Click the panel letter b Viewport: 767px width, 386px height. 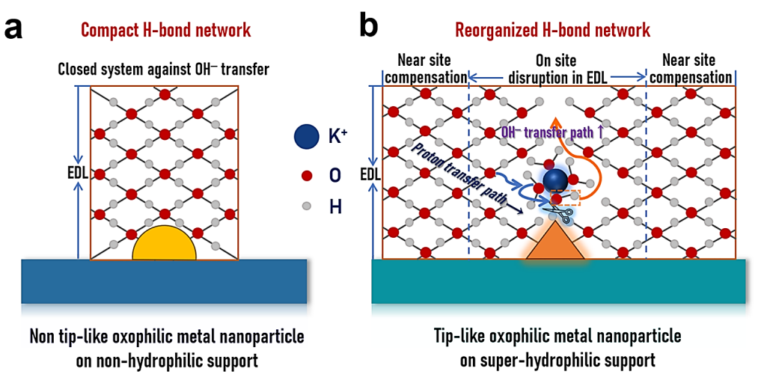point(369,27)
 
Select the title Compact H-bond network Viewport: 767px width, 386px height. point(165,30)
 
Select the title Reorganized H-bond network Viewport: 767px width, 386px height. point(552,30)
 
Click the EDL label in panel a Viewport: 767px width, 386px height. point(77,173)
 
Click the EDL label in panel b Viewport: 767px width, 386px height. point(371,173)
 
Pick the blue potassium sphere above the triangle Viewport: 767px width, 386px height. point(554,180)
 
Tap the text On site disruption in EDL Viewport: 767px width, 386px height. point(556,69)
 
